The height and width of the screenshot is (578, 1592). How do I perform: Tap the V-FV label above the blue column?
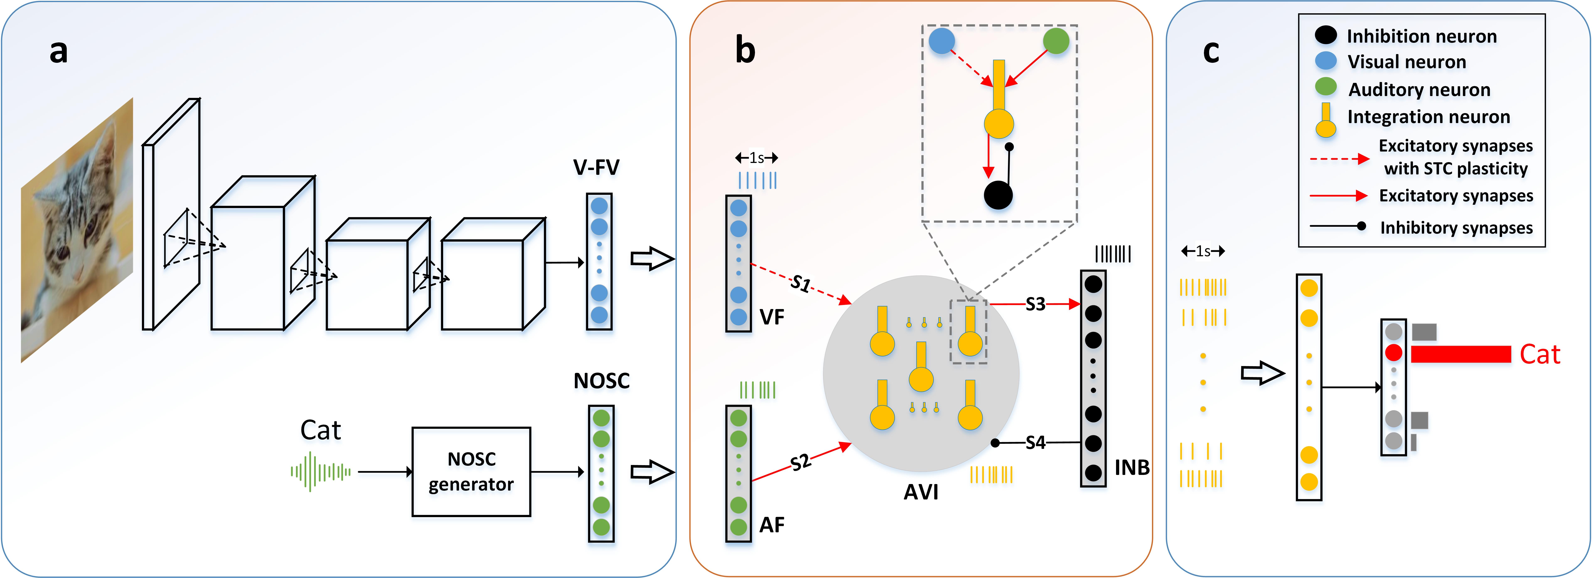point(596,167)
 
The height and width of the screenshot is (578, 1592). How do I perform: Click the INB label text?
point(1132,467)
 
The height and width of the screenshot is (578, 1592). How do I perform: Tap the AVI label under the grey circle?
point(921,492)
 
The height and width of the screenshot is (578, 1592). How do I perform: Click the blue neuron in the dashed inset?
point(942,41)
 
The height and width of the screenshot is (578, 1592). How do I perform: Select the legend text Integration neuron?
point(1428,117)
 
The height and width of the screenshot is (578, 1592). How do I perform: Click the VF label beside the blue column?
point(771,317)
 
